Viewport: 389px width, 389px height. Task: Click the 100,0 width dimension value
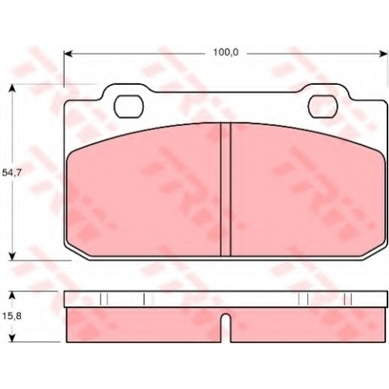[226, 53]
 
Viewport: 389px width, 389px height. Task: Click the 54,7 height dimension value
[11, 173]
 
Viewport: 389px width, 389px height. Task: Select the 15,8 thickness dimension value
[12, 316]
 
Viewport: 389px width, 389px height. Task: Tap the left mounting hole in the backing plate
[128, 107]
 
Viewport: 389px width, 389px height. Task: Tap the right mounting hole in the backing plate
[323, 107]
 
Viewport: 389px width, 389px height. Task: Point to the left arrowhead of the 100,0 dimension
[68, 54]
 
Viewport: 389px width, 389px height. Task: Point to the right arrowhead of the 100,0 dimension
[384, 54]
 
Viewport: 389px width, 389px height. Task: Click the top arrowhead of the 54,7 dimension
[12, 88]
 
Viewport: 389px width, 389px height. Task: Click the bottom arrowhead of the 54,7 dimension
[12, 256]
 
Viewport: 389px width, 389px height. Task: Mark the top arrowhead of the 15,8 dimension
[12, 295]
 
